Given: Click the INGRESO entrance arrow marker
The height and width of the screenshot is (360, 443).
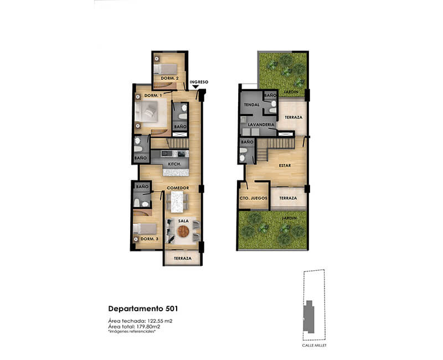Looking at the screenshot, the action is tap(195, 87).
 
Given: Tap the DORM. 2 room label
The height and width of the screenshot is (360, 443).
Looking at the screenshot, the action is tap(169, 78).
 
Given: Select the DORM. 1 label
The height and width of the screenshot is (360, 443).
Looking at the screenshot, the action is tap(153, 95).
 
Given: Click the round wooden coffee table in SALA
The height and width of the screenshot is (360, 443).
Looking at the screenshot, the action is tap(183, 232).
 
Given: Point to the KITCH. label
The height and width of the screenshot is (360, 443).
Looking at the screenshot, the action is tap(174, 164).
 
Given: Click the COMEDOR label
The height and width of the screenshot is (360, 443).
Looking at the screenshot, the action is tap(178, 188).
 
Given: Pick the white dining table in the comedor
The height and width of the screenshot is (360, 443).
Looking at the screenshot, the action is tap(177, 202).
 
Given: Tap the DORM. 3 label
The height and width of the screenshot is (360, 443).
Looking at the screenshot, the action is tap(150, 239).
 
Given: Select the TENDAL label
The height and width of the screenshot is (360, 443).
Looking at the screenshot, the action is tap(251, 105).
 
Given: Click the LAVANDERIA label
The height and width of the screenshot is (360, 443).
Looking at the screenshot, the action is tap(261, 125).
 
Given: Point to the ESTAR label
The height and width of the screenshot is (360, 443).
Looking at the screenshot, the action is tap(285, 165).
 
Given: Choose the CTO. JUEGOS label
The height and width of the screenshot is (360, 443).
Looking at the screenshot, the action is tap(253, 198).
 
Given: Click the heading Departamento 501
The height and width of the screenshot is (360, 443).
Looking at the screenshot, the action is tap(143, 308).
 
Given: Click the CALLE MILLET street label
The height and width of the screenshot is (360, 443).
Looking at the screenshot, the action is tap(314, 345).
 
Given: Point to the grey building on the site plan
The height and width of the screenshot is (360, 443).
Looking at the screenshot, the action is tap(309, 317).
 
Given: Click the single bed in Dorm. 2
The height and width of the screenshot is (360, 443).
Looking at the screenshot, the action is tap(165, 69).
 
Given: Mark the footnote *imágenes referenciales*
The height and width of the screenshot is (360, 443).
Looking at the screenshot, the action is tap(132, 331).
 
